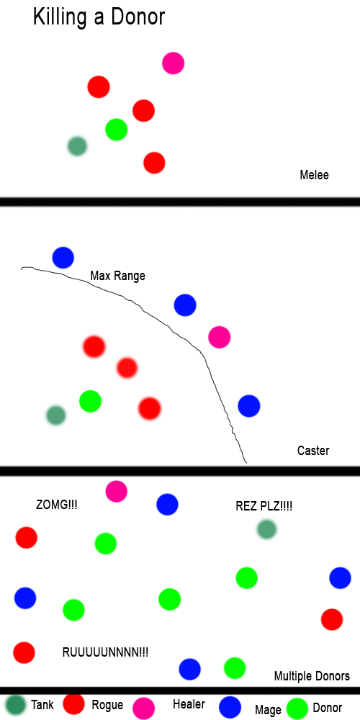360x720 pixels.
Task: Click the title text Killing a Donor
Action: (x=99, y=17)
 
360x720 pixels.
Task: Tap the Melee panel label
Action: (x=314, y=175)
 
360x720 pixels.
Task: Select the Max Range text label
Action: (x=117, y=276)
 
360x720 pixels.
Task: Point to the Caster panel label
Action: (x=313, y=451)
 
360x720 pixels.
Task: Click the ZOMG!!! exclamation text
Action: (x=56, y=505)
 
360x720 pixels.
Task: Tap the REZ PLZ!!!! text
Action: (x=264, y=506)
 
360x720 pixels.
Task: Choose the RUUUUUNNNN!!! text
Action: (x=105, y=652)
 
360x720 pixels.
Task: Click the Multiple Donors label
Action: (x=312, y=676)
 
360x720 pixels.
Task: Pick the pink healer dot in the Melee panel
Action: (x=173, y=63)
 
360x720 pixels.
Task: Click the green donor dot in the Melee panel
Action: (x=116, y=130)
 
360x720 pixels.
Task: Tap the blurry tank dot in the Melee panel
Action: (x=77, y=146)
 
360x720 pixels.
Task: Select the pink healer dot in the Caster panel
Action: (x=219, y=337)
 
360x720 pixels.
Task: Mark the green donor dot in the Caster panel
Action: (x=90, y=401)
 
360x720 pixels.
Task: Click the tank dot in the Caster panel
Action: (x=56, y=415)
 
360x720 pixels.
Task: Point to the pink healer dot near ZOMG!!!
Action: (x=116, y=491)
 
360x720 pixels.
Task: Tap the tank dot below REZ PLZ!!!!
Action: (x=266, y=529)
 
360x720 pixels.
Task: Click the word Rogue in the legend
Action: (x=107, y=705)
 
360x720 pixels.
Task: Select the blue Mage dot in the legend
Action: (x=230, y=707)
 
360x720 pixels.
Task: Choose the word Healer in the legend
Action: (x=189, y=704)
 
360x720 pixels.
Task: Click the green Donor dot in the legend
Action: (x=297, y=708)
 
